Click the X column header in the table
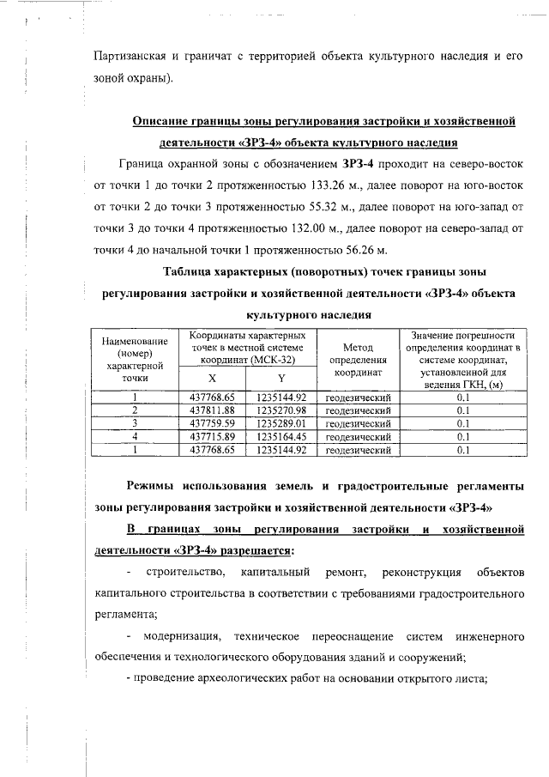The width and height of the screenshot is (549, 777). tap(212, 379)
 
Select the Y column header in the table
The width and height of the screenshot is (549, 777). tap(281, 379)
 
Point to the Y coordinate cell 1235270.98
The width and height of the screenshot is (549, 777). tap(281, 410)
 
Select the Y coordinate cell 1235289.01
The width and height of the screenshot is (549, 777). tap(281, 423)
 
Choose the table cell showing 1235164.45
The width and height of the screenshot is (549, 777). tap(281, 436)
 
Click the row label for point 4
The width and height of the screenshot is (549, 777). tap(135, 436)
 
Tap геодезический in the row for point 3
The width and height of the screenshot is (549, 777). tap(359, 423)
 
